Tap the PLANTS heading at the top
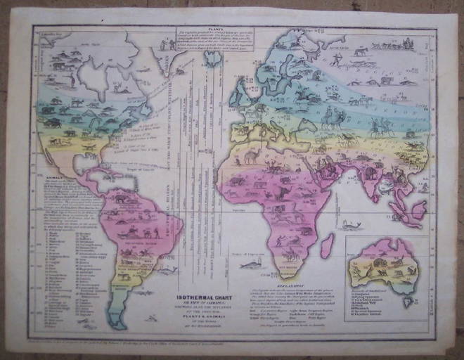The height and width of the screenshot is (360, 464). coord(214,29)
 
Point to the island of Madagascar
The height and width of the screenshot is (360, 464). coord(327,245)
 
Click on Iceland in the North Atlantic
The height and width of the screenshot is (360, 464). coord(212,58)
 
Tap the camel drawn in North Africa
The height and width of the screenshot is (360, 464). coord(251,156)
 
